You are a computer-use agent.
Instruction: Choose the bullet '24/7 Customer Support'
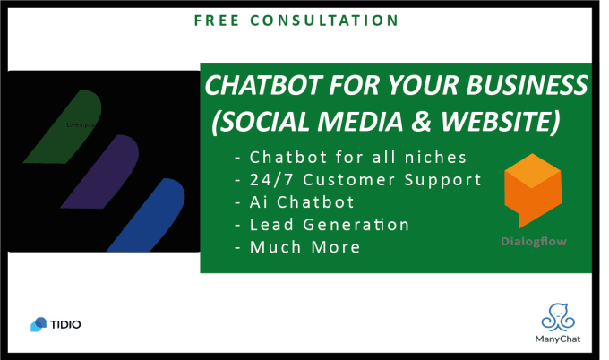(357, 180)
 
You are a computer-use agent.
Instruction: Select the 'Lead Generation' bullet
(322, 225)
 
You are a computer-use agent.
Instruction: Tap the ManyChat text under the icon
(560, 340)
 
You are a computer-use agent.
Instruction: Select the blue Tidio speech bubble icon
(39, 324)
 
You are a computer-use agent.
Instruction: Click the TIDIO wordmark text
(66, 324)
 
